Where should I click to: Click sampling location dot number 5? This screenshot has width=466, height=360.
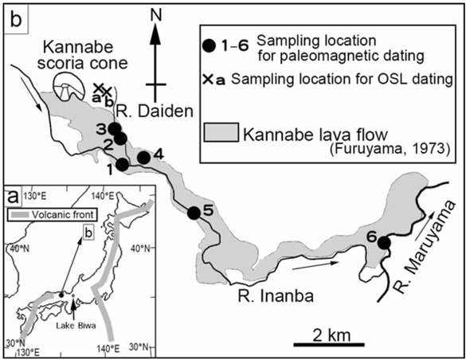coord(194,213)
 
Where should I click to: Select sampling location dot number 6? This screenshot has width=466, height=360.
coord(384,243)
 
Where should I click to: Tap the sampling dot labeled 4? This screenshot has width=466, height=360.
coord(144,158)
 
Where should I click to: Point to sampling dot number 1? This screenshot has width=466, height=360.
coord(123,165)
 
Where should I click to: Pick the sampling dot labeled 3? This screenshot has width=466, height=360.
coord(115,128)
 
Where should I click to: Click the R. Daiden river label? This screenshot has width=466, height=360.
coord(155,112)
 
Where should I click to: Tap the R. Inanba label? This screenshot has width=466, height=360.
coord(276,295)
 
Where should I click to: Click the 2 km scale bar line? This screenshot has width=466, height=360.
coord(329,345)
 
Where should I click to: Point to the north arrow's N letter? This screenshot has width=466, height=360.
coord(155,16)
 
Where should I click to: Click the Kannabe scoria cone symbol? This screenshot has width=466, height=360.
coord(68,86)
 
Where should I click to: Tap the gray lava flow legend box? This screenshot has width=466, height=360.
coord(221,132)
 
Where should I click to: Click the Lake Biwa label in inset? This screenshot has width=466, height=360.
coord(76,326)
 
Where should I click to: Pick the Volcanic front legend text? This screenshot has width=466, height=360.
coord(62,214)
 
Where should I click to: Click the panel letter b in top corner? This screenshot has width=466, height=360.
coord(16,20)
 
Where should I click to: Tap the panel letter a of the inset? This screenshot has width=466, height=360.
coord(14,197)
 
